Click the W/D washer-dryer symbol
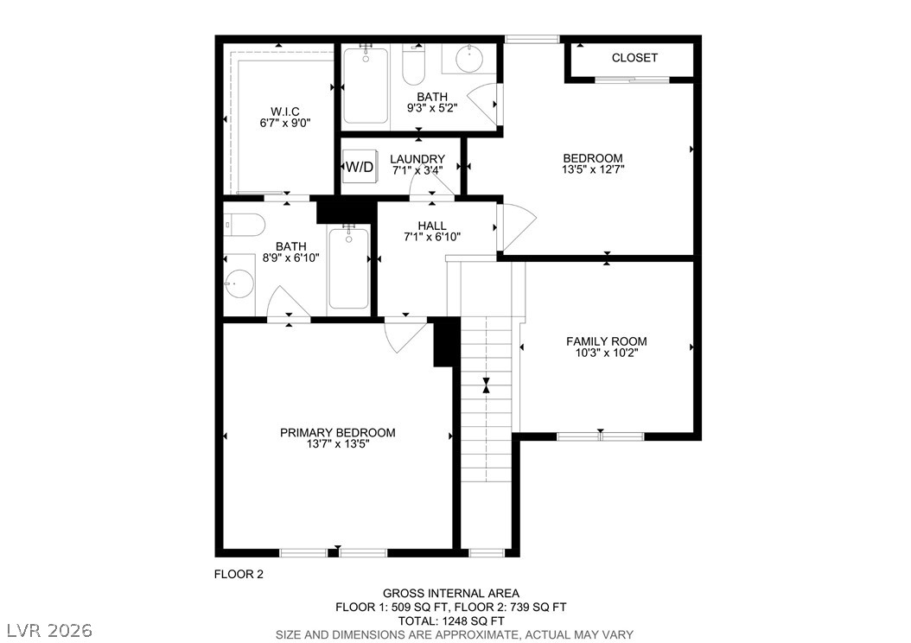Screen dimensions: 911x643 (360, 167)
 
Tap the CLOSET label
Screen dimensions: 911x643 (634, 58)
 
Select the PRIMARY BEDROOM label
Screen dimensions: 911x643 (338, 433)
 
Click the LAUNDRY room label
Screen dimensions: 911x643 (417, 159)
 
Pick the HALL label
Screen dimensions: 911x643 (432, 226)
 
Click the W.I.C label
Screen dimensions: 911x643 (284, 111)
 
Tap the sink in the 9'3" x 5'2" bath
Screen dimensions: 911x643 (469, 58)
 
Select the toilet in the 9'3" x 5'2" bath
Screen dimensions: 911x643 (414, 64)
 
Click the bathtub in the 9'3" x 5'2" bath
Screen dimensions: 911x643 (366, 85)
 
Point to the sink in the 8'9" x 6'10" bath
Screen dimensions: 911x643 (240, 283)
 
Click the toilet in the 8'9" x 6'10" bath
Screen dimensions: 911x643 (245, 225)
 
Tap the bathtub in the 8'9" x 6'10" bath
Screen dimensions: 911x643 (348, 268)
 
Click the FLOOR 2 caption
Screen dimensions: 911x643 (239, 575)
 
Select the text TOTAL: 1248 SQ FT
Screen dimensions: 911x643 (451, 621)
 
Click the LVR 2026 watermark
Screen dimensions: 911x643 (50, 630)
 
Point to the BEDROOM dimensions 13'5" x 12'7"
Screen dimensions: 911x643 (593, 169)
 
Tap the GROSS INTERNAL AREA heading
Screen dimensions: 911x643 (451, 593)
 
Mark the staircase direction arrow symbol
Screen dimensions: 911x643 (487, 385)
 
